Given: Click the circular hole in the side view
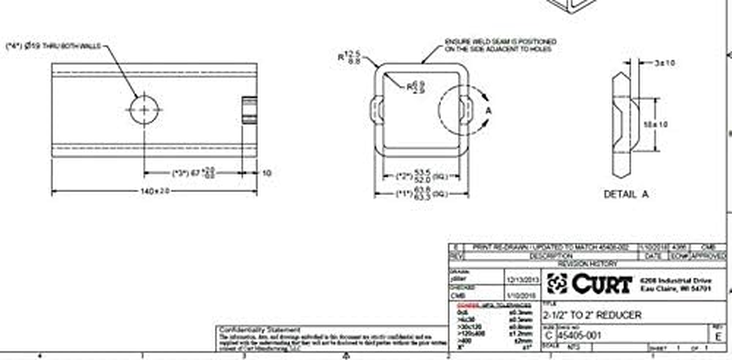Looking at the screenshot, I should click(145, 109).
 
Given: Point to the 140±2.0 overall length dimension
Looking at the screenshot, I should click(155, 191).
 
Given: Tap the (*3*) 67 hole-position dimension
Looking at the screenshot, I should click(194, 173).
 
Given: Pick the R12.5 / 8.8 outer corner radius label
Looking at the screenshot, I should click(349, 58).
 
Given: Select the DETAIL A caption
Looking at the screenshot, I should click(626, 194).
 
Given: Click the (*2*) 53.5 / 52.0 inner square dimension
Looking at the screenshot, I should click(421, 175).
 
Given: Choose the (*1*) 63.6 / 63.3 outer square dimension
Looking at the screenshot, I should click(421, 193).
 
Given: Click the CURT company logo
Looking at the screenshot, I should click(590, 283).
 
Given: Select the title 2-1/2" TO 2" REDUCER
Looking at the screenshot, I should click(592, 315).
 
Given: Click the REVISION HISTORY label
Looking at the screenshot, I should click(587, 264).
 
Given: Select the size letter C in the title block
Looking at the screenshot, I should click(548, 336).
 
